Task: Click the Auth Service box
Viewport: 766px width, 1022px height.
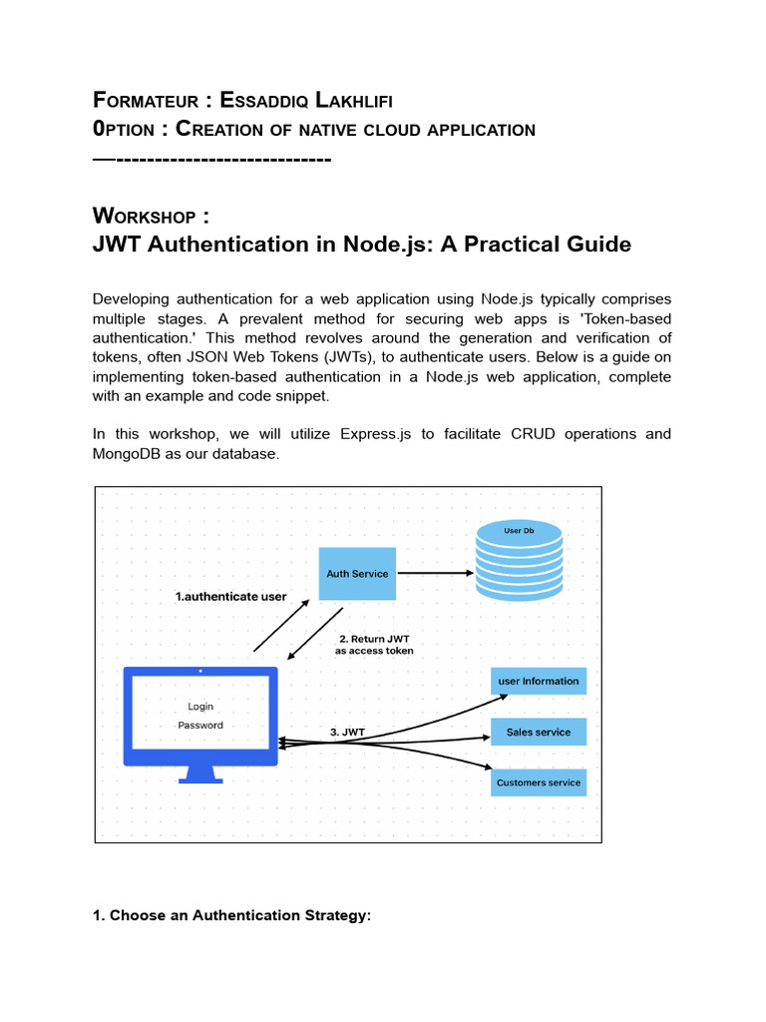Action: (357, 574)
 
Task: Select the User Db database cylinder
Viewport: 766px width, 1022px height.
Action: (519, 559)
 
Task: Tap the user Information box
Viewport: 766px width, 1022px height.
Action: (539, 682)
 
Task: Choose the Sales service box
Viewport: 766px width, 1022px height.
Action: (539, 732)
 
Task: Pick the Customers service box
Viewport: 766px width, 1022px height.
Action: (539, 782)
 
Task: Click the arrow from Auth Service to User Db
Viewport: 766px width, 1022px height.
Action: (435, 573)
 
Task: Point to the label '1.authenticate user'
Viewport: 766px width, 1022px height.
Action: (231, 597)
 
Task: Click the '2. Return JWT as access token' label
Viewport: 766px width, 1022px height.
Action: (374, 644)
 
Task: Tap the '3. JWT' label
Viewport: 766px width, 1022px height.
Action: (347, 732)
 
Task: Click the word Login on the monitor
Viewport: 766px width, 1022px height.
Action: (200, 707)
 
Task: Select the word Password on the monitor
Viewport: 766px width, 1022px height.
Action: (200, 726)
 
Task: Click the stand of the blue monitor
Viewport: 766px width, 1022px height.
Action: (200, 774)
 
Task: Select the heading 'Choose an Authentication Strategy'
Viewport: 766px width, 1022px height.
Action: (239, 915)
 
